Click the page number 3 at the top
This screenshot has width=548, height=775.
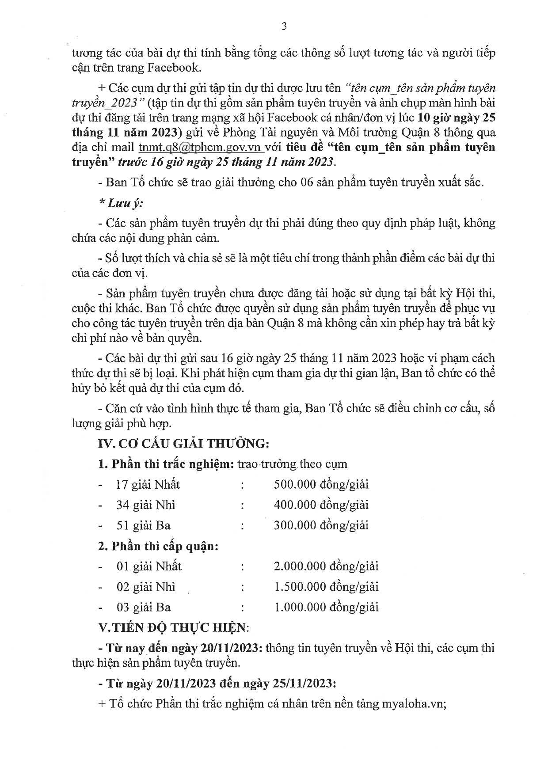coord(284,27)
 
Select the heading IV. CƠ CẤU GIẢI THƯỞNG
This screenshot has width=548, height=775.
coord(183,443)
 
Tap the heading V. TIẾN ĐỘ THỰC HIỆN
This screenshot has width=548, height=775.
coord(173,627)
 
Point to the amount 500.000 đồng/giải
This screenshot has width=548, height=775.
coord(321,484)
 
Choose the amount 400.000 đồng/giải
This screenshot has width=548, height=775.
coord(321,505)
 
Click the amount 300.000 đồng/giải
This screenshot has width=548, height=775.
coord(321,525)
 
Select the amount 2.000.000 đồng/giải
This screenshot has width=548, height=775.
coord(326,566)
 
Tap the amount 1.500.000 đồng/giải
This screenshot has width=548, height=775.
coord(326,587)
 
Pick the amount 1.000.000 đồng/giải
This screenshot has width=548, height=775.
coord(326,607)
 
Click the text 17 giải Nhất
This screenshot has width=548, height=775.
coord(148,485)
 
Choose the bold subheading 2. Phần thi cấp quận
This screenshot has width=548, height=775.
coord(158,546)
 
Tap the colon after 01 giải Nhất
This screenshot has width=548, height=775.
coord(243,566)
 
